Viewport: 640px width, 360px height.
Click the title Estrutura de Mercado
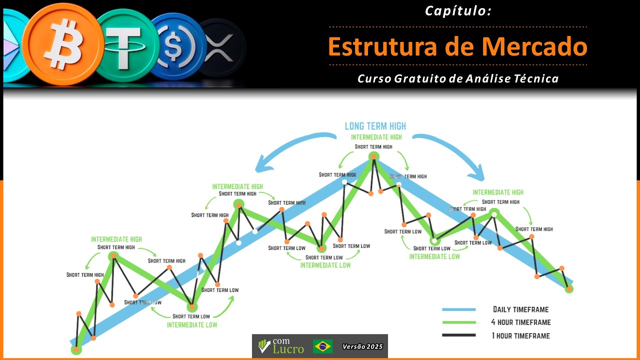[457, 46]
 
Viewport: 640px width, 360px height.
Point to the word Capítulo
[458, 10]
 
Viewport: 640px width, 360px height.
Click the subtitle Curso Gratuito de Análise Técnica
[458, 78]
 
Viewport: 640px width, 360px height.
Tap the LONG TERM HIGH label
[375, 126]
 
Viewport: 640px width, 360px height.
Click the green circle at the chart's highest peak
[373, 157]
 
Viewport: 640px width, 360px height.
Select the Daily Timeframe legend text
[520, 309]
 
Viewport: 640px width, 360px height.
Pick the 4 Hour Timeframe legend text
[520, 322]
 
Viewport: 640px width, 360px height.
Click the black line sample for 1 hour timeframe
[458, 335]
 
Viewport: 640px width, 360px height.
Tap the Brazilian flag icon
[323, 346]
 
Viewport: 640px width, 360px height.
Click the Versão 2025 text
[362, 346]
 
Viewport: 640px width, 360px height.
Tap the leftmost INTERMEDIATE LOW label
[192, 325]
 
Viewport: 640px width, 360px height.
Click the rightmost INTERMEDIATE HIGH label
[498, 192]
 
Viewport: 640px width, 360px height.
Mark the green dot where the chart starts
[76, 349]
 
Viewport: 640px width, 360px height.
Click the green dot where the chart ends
[568, 288]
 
